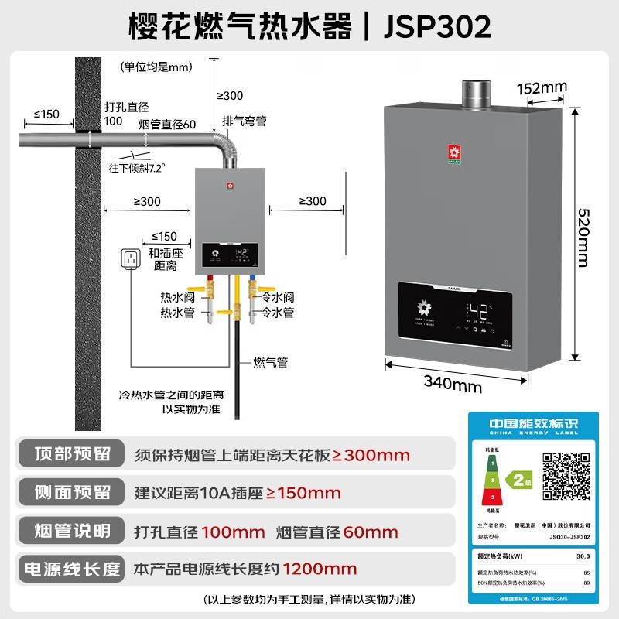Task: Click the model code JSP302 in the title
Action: (438, 26)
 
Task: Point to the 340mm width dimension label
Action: (453, 384)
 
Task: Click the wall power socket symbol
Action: (131, 262)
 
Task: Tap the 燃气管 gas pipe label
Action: (271, 362)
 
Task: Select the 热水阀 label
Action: (177, 297)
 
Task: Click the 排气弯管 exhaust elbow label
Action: (244, 121)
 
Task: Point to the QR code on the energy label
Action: (569, 475)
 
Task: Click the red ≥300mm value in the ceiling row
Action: (371, 456)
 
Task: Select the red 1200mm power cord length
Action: (320, 569)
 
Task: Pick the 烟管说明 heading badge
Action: (69, 532)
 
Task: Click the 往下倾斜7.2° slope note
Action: (138, 166)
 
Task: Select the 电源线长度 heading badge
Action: (69, 569)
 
